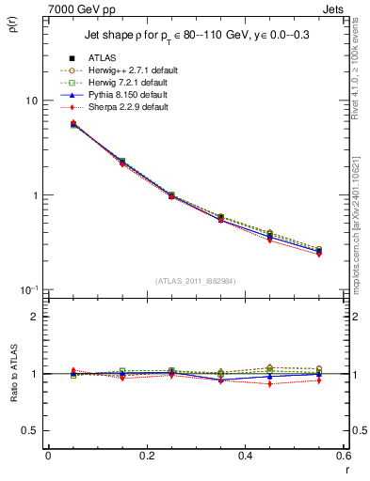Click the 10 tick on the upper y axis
(31, 101)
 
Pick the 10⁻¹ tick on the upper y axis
(29, 288)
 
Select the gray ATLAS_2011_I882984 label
(196, 280)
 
